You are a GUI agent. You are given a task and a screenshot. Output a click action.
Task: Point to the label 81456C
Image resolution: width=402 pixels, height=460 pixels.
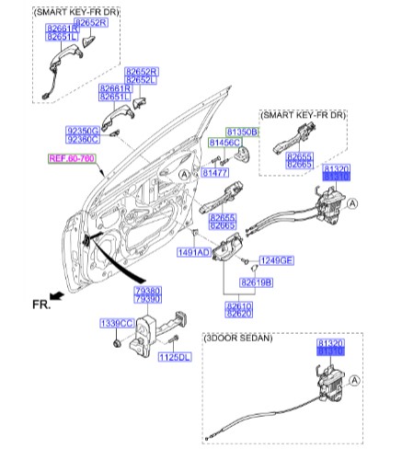[x=224, y=144]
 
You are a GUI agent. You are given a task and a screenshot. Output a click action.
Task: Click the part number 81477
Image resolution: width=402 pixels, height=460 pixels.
[x=215, y=173]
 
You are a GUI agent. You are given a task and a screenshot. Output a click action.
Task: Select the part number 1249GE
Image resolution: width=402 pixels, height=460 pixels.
[x=274, y=260]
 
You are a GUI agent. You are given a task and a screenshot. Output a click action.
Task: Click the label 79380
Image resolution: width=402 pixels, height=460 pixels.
[x=147, y=291]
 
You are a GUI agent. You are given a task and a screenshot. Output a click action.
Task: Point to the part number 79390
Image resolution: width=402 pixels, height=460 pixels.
[x=147, y=300]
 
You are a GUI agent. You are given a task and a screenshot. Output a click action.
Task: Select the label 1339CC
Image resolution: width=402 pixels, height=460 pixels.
[x=117, y=323]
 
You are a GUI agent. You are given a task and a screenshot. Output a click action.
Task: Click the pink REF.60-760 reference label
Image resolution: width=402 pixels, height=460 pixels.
[x=71, y=159]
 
